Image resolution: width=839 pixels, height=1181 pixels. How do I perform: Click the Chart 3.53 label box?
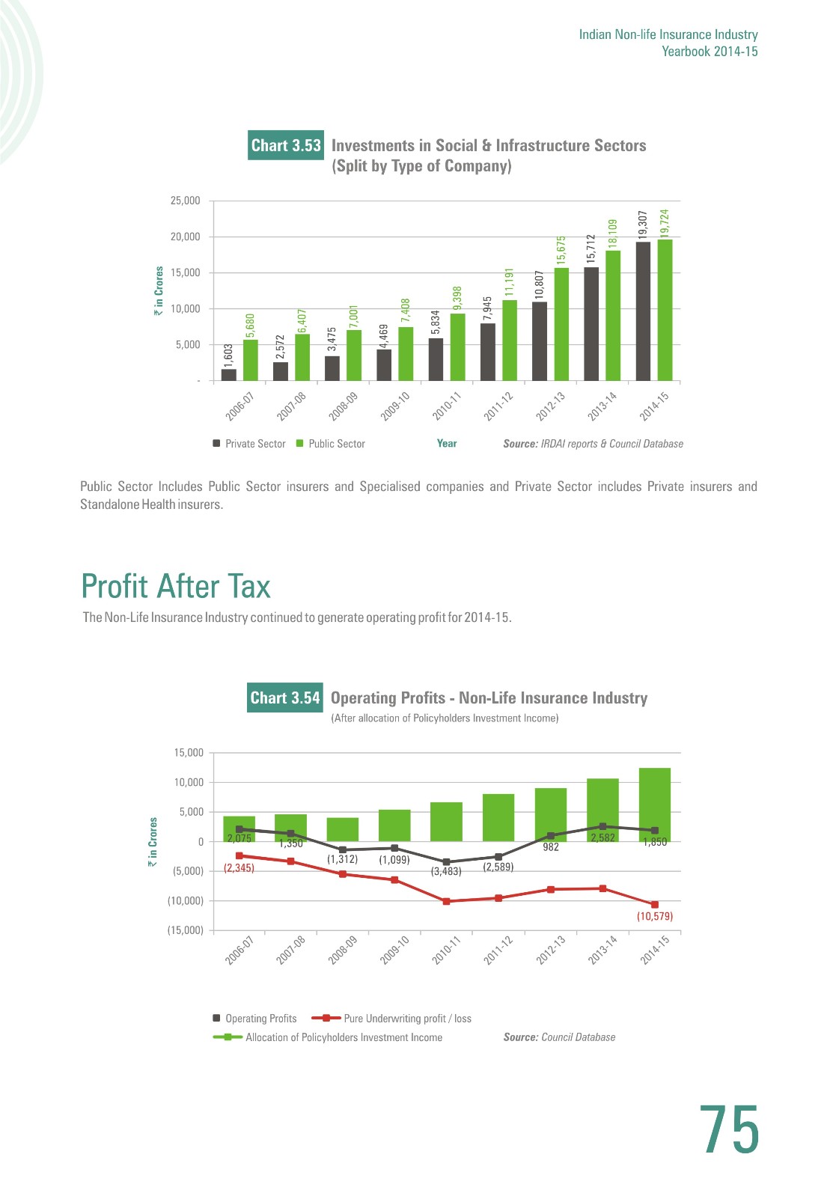285,145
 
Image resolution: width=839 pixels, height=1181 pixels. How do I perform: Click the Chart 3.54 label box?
284,698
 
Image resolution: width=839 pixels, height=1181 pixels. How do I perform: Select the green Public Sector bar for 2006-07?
251,360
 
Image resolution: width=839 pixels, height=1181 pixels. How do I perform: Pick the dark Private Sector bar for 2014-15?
643,311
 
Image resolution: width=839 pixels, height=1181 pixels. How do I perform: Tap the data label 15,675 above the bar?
561,250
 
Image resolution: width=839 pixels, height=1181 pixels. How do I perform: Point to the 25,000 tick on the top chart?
185,201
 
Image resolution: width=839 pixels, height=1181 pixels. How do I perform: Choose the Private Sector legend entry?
249,444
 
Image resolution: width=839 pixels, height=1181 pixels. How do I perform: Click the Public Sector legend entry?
331,444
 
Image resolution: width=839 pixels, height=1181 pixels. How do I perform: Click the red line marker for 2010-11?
447,901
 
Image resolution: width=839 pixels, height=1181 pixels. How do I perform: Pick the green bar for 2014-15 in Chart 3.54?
654,805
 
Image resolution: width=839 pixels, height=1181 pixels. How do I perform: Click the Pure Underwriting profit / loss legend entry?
391,1018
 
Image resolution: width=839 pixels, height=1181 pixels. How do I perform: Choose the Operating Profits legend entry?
254,1018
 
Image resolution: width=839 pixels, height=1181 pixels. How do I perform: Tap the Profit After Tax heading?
176,586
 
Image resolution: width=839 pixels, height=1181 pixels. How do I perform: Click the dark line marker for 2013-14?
602,826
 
